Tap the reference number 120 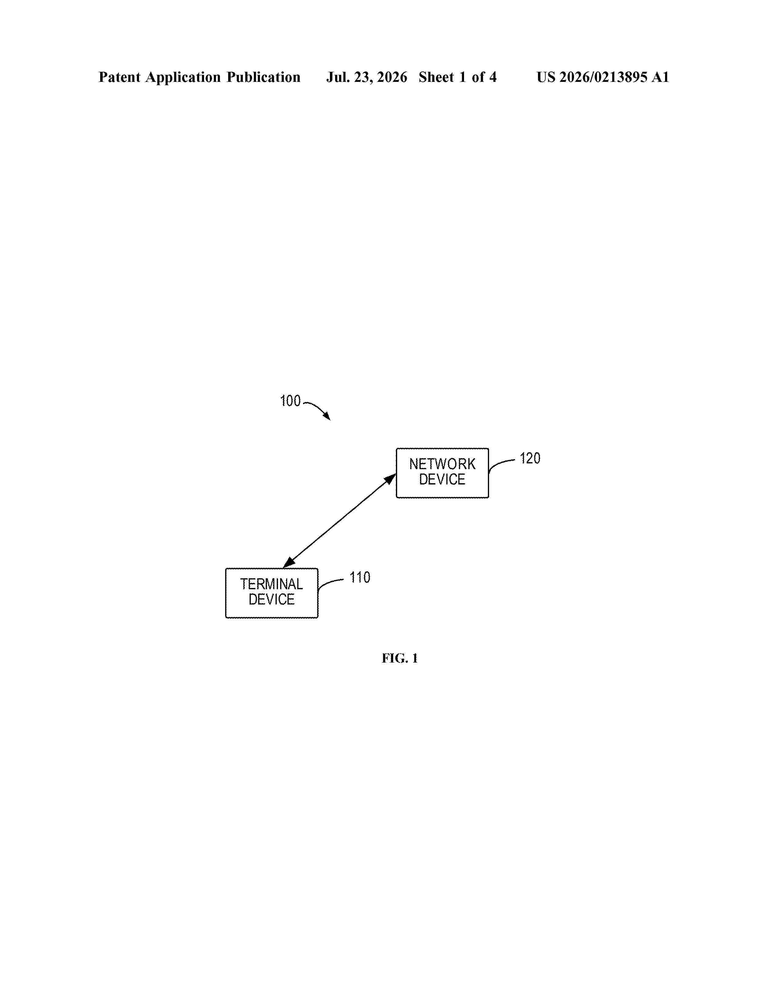[x=530, y=458]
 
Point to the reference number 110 [x=360, y=577]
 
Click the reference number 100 [x=290, y=401]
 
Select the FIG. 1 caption [x=400, y=658]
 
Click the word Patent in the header [x=119, y=77]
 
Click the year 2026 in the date [x=392, y=77]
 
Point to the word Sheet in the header [x=436, y=77]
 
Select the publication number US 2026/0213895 [x=592, y=77]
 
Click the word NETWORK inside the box [x=442, y=464]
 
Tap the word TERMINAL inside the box [x=271, y=584]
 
